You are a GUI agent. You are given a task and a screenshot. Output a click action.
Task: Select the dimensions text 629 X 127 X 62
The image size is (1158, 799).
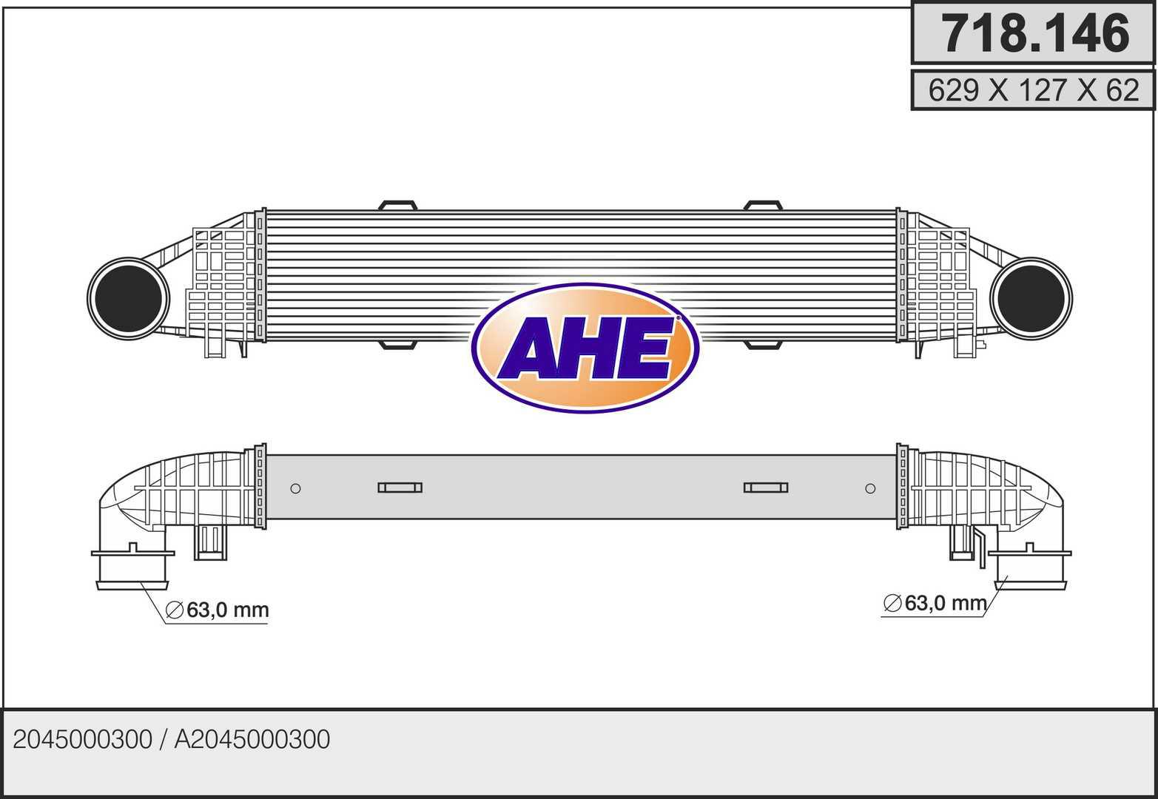[x=1034, y=90]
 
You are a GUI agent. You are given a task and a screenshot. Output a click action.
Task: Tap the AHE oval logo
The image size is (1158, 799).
[x=585, y=348]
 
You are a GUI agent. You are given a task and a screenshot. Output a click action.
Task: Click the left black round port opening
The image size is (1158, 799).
[x=128, y=298]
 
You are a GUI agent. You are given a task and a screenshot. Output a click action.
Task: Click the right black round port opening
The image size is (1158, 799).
[x=1031, y=298]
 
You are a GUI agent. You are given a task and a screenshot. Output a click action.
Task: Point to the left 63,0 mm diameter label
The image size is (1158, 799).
[x=217, y=610]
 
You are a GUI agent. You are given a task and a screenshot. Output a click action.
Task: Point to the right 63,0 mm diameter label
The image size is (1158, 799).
[x=935, y=603]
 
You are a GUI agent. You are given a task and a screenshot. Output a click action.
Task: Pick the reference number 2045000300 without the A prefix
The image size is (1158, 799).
[x=82, y=740]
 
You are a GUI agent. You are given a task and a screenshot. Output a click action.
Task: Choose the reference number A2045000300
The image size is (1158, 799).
[x=252, y=740]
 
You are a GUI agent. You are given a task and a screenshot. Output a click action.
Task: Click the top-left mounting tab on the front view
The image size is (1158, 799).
[x=397, y=206]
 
